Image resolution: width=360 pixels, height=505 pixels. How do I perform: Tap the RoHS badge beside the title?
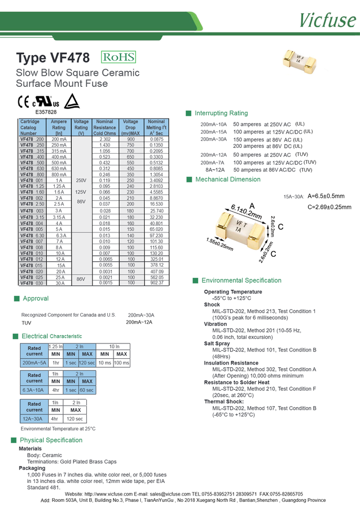[x=118, y=58]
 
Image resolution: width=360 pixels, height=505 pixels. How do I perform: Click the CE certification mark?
[x=24, y=102]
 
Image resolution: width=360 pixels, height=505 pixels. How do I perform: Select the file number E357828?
[x=46, y=112]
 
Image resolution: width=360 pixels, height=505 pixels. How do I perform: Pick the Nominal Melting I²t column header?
[x=157, y=127]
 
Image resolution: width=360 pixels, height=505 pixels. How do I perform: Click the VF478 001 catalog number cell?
[x=32, y=180]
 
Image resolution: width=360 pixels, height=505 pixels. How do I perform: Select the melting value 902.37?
[x=157, y=283]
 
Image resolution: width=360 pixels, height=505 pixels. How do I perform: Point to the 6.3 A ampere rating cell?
[x=59, y=236]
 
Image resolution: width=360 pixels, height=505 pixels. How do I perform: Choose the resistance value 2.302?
[x=105, y=139]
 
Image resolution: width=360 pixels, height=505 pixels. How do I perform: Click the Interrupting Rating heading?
[x=221, y=113]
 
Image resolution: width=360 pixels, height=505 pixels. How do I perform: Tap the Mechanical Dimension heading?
[x=228, y=179]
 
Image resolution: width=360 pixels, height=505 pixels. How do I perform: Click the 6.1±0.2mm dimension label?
[x=246, y=212]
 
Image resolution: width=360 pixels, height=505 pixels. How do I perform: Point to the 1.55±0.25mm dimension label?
[x=220, y=244]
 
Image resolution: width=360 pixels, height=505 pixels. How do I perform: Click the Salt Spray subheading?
[x=217, y=344]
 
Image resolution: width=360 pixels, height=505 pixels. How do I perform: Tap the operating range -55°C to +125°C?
[x=229, y=298]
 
